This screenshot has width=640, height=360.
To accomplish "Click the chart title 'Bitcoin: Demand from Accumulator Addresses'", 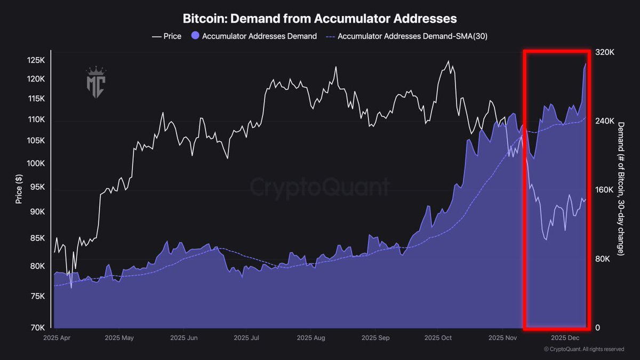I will click(x=320, y=18).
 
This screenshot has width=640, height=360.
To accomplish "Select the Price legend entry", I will click(x=166, y=36).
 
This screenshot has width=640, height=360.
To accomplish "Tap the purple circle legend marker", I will click(x=195, y=36).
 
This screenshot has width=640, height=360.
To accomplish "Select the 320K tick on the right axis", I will click(x=604, y=53).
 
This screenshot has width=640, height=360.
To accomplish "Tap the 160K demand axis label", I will click(x=604, y=190).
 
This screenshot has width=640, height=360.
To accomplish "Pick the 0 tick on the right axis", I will click(x=597, y=327).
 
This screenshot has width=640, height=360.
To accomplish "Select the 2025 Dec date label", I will click(x=565, y=338).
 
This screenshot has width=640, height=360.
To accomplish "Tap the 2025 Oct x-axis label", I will click(x=438, y=338).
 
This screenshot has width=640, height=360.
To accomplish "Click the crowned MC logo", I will click(x=97, y=83).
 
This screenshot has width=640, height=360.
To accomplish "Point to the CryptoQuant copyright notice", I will click(x=583, y=349).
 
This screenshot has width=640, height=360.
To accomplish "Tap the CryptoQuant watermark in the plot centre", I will click(x=320, y=188).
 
